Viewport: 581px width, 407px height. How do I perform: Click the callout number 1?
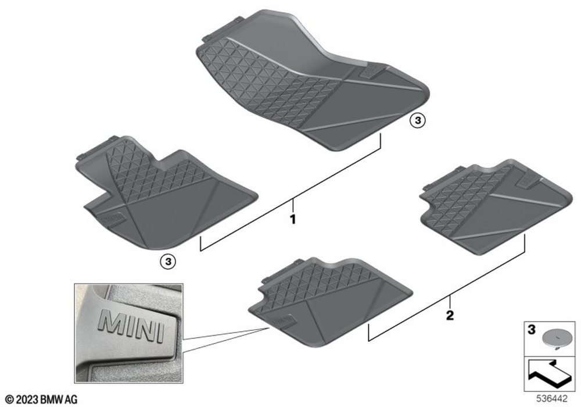[293, 219]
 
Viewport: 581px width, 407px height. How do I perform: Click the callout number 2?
[450, 316]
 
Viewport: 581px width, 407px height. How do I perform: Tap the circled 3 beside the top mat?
[418, 120]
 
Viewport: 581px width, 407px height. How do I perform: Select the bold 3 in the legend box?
[532, 330]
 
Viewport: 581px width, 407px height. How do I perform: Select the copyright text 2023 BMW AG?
[41, 399]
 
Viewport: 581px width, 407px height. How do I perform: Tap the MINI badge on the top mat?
[370, 74]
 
